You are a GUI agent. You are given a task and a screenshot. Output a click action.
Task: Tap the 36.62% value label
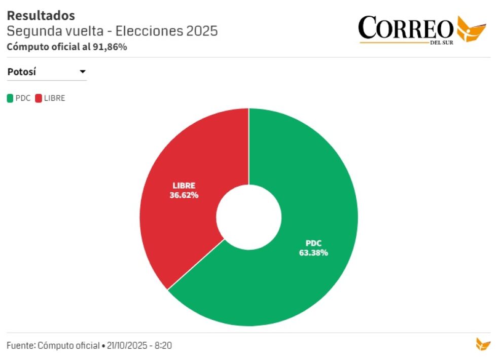(x=184, y=195)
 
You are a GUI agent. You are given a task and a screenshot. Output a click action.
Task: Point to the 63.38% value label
(x=313, y=253)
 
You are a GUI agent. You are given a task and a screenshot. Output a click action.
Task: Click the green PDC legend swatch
(x=10, y=98)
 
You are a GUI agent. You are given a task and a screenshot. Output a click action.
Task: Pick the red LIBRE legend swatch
(x=39, y=98)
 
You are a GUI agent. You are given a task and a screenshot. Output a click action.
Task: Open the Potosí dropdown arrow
(x=83, y=72)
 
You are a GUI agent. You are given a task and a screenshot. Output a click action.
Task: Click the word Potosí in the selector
(x=22, y=72)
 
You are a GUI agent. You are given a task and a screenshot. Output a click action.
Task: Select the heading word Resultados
(x=41, y=16)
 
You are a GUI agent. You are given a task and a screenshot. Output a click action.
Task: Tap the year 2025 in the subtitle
(x=202, y=31)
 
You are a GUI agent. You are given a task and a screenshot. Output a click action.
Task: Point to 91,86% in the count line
(x=110, y=47)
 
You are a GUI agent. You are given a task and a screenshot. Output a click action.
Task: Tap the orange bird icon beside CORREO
(x=471, y=28)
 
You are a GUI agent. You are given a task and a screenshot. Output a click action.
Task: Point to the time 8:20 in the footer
(x=163, y=345)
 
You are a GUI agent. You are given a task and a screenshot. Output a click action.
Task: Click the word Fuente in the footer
(x=20, y=345)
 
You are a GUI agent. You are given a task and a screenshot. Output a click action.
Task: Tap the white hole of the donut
(x=248, y=217)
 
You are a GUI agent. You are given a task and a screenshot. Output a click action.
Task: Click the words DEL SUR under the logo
(x=441, y=43)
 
